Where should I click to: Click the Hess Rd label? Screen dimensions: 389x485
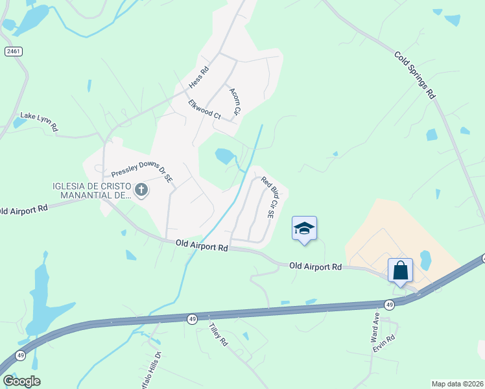(199, 78)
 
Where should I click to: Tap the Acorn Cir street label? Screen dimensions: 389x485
(235, 102)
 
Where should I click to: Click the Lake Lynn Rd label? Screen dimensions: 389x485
(39, 121)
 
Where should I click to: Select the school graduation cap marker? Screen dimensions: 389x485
(304, 229)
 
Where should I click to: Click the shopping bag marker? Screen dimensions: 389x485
(400, 270)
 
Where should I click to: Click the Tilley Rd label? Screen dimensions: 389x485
(219, 334)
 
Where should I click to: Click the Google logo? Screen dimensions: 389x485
(21, 381)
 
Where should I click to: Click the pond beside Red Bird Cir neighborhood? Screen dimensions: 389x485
(225, 156)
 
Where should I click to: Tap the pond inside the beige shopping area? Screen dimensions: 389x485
(425, 260)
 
